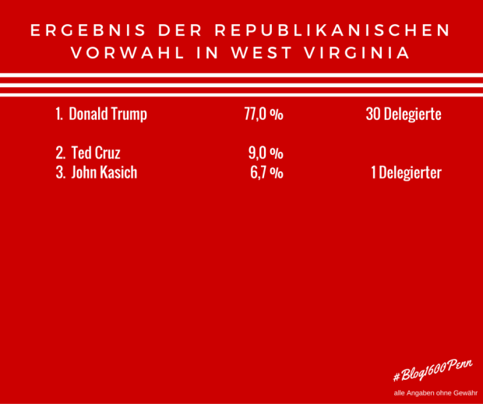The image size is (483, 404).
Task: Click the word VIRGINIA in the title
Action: (x=359, y=54)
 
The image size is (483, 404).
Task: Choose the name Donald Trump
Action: (x=108, y=114)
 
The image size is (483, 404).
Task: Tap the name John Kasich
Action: (x=104, y=173)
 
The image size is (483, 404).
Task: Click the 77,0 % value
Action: (x=263, y=114)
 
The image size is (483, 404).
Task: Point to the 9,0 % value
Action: (x=266, y=153)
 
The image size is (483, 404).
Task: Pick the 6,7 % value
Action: (x=266, y=173)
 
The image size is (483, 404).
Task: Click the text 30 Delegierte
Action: (x=404, y=114)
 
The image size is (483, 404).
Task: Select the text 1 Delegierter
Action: (x=406, y=173)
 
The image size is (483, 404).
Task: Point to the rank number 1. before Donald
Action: (x=58, y=114)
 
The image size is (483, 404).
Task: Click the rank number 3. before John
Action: (x=60, y=173)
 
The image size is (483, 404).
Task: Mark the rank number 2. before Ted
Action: (x=60, y=153)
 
